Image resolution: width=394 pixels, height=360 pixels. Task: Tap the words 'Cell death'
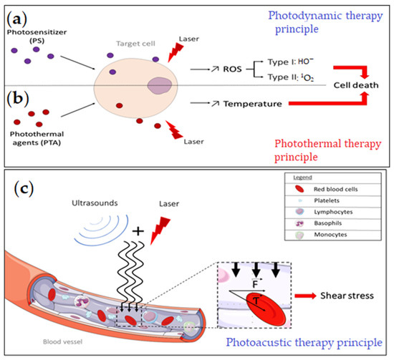pyautogui.click(x=341, y=85)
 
